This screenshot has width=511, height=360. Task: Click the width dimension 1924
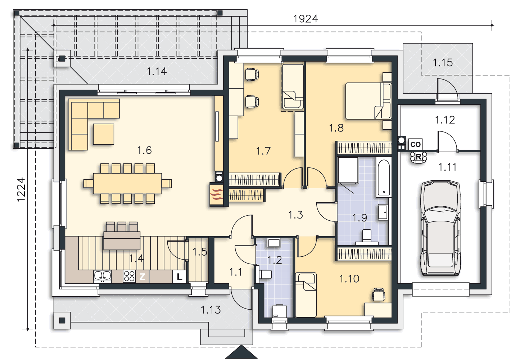point(306,19)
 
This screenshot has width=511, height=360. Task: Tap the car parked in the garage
point(440,228)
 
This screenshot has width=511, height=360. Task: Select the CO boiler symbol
point(415,144)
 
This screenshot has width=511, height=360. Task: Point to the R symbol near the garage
point(419,157)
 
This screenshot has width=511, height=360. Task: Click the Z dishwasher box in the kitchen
point(143,277)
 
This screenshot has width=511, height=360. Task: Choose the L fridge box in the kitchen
point(180,277)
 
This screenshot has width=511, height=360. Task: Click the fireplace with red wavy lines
point(217,194)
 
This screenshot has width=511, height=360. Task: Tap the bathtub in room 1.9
point(384,178)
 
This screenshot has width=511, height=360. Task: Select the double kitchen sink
point(103,276)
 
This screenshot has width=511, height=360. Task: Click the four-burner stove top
point(129,277)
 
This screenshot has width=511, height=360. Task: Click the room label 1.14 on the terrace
point(157,71)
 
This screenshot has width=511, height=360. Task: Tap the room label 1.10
point(349,279)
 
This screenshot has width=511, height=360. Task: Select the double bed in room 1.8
point(368,101)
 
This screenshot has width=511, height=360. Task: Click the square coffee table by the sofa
point(104,134)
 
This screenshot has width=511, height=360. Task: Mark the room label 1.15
point(443,63)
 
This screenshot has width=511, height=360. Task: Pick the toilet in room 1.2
point(264,274)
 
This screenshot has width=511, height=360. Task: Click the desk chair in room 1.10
point(379,294)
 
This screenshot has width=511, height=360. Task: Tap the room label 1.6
point(144,150)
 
